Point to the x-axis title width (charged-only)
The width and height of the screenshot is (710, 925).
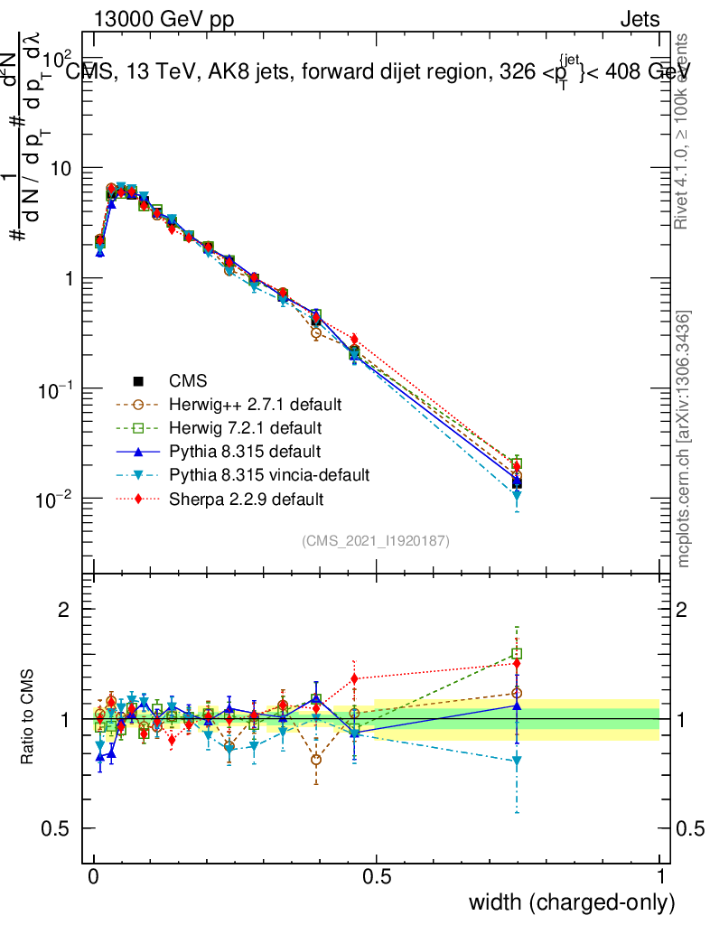click(x=571, y=902)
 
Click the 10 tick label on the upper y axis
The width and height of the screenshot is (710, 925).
click(x=60, y=169)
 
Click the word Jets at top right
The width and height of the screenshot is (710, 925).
click(x=639, y=19)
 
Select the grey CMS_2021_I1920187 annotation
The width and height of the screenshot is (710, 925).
click(x=376, y=541)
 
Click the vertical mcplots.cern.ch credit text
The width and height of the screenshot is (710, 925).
click(x=684, y=439)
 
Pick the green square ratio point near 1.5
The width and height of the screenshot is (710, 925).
click(x=517, y=653)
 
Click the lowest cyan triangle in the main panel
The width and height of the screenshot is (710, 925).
click(x=517, y=495)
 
